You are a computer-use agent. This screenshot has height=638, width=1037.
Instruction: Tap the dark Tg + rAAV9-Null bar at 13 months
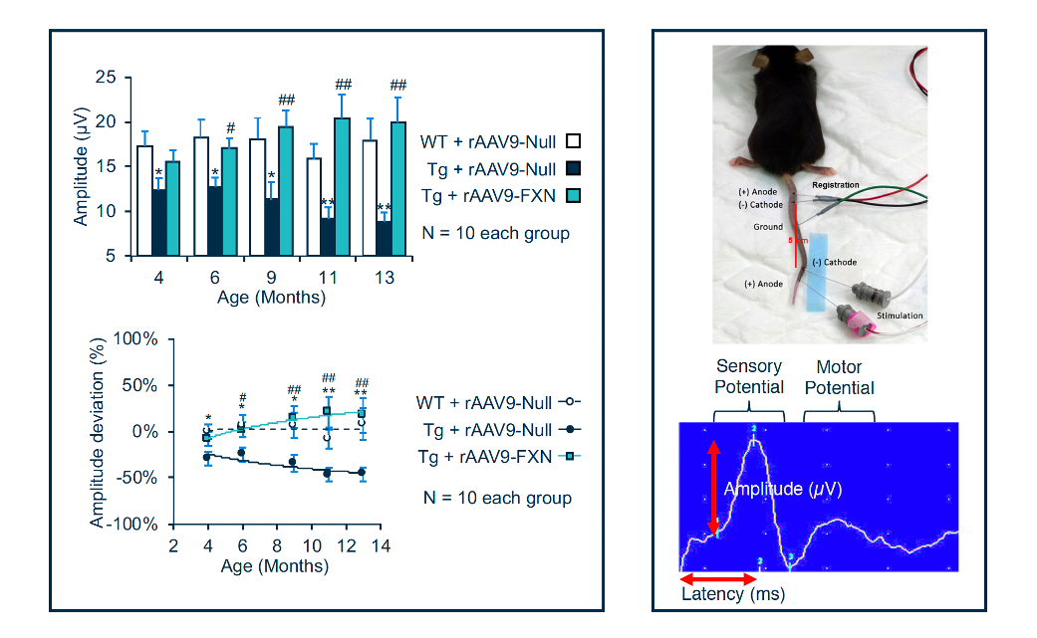click(x=384, y=239)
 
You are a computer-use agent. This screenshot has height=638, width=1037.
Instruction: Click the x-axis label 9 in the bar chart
click(x=271, y=278)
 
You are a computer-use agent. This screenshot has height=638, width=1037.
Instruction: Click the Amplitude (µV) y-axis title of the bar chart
click(x=81, y=166)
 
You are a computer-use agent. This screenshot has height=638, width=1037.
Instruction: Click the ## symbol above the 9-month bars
click(x=286, y=100)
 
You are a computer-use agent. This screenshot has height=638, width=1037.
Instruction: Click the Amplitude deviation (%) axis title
click(x=98, y=431)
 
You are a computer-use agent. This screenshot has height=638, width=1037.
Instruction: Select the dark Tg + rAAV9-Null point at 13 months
click(x=362, y=473)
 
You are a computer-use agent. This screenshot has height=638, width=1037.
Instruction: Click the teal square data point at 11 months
click(x=327, y=411)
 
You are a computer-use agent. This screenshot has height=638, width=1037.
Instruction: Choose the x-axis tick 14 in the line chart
click(x=380, y=547)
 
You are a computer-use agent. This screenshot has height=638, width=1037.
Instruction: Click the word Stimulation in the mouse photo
click(x=900, y=317)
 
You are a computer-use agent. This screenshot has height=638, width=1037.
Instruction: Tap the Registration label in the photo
click(x=835, y=185)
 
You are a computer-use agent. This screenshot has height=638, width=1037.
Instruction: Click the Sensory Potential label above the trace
click(x=749, y=377)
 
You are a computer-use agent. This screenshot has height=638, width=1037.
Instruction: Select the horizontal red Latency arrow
click(x=717, y=578)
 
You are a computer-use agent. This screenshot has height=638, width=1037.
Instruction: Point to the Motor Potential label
click(x=839, y=377)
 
